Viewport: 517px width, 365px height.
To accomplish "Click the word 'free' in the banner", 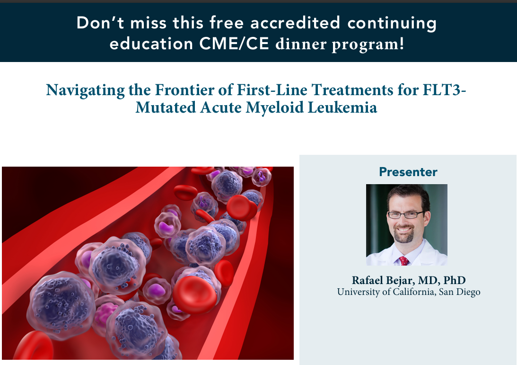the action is [x=227, y=23].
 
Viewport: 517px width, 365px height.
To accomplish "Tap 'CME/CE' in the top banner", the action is [x=234, y=44].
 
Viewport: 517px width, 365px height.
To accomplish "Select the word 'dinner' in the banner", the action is [x=301, y=44].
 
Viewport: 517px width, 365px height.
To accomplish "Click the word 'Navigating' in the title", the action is [x=86, y=90].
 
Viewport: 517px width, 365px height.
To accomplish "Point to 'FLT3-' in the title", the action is [x=445, y=89].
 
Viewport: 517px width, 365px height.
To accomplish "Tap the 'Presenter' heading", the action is [x=408, y=171].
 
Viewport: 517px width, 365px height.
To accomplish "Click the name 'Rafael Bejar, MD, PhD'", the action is [x=409, y=280].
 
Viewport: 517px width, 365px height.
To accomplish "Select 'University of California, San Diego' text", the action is [x=409, y=292].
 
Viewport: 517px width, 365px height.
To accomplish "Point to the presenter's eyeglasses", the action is [x=405, y=215].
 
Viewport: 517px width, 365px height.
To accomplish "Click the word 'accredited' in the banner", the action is [x=295, y=23].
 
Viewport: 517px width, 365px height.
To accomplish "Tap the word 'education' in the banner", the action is [x=151, y=44].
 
